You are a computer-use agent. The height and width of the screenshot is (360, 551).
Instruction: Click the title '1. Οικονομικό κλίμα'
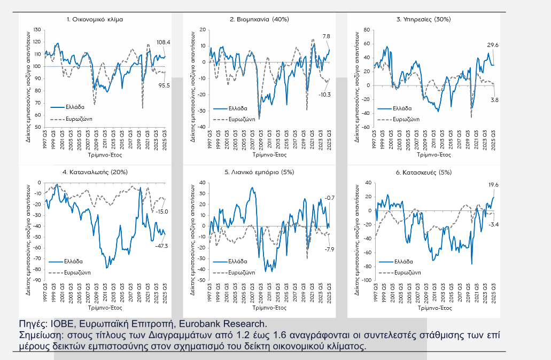click(x=95, y=19)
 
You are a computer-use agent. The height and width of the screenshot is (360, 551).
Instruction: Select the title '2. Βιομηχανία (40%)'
click(x=259, y=19)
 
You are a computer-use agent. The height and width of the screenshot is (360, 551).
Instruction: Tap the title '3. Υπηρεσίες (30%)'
click(x=423, y=19)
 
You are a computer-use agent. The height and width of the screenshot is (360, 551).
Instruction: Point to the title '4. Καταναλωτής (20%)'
click(x=95, y=173)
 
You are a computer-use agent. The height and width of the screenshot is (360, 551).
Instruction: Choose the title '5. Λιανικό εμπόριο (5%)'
click(x=259, y=173)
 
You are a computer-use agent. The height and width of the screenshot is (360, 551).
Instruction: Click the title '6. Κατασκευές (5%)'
click(x=424, y=173)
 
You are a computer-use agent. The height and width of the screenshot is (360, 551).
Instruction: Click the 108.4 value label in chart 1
click(x=163, y=42)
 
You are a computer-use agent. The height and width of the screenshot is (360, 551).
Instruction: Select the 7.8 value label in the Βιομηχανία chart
click(x=327, y=36)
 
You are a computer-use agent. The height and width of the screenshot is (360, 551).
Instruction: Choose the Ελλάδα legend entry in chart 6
click(x=405, y=262)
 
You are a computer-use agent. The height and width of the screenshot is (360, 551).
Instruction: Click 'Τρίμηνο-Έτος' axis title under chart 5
click(x=259, y=308)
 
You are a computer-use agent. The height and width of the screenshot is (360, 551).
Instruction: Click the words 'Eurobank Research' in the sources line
click(x=229, y=324)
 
